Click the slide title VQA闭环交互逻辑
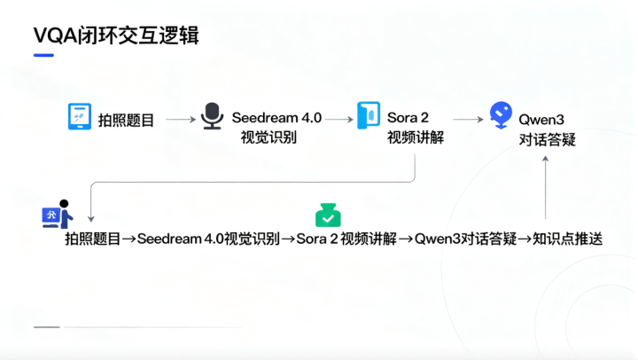(116, 35)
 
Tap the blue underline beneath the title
(43, 55)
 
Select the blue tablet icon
(80, 116)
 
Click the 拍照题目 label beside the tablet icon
(126, 120)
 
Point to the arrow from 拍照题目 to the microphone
(181, 120)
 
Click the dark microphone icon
(213, 116)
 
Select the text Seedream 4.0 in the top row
(276, 118)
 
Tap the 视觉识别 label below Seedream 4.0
(268, 137)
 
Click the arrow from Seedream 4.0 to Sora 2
(339, 120)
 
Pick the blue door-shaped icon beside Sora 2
(369, 115)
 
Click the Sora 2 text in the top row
(408, 118)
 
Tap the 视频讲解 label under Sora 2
(416, 137)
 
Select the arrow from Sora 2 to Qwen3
(469, 120)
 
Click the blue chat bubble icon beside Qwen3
(501, 115)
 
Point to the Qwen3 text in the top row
(541, 120)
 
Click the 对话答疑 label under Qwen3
(548, 140)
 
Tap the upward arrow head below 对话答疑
(546, 159)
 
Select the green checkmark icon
(328, 215)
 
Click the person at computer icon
(58, 215)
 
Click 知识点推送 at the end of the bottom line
(567, 239)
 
